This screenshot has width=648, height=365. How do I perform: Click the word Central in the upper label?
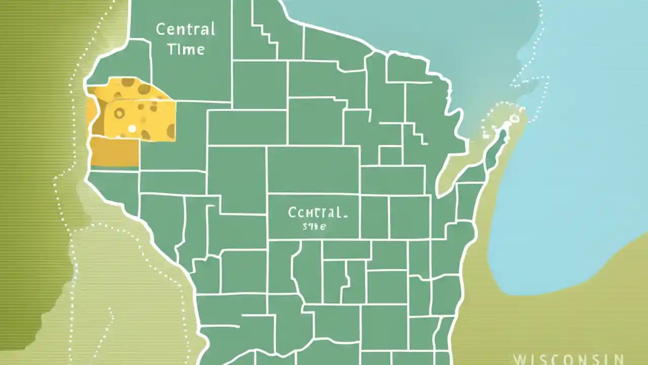pos(185,29)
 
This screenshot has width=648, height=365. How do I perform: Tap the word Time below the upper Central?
pos(186,49)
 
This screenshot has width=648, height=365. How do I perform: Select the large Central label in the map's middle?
pos(318,212)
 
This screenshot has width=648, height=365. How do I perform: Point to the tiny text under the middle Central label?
pos(314,227)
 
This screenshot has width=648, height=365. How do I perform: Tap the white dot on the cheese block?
pos(132,129)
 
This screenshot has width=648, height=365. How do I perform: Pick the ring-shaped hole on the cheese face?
pos(119,113)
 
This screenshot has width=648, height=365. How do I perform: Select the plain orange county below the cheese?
pos(115,152)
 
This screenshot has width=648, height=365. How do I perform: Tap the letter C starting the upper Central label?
pos(160,29)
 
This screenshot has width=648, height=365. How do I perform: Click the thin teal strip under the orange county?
pos(115,168)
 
